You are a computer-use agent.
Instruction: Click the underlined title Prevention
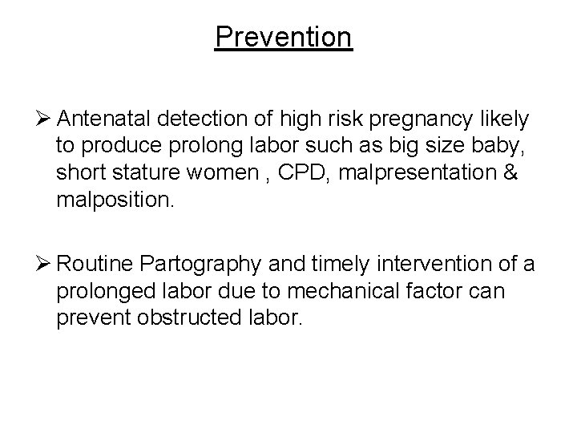point(283,37)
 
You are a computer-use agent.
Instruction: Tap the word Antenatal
point(107,119)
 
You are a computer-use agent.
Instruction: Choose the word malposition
point(112,199)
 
